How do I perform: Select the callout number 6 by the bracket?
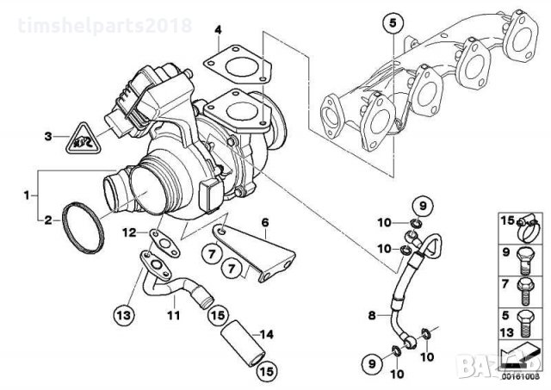coord(265,222)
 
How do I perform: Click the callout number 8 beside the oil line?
coord(373,316)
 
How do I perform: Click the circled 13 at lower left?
coord(124,313)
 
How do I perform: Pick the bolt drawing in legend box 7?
coord(525,286)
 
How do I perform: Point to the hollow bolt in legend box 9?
coord(525,255)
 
